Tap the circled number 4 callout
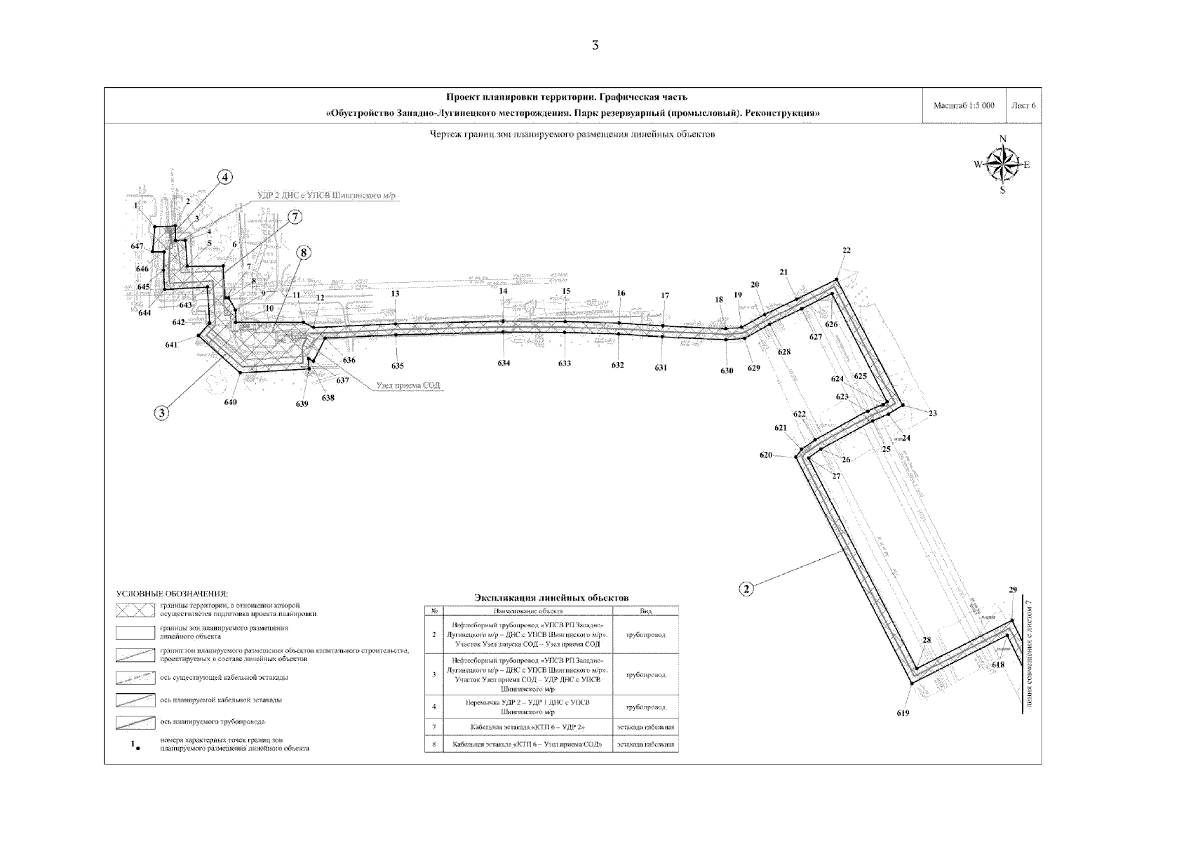[x=225, y=178]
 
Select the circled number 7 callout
[x=295, y=218]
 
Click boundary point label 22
[x=847, y=250]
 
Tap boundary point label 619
[x=903, y=714]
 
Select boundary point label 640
[x=231, y=402]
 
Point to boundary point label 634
[x=504, y=363]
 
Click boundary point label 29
[x=1012, y=589]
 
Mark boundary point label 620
[x=765, y=455]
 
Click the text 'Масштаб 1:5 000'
[x=964, y=106]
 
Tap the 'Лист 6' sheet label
[x=1023, y=106]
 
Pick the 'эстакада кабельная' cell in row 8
[x=645, y=744]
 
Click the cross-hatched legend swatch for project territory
[x=135, y=609]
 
